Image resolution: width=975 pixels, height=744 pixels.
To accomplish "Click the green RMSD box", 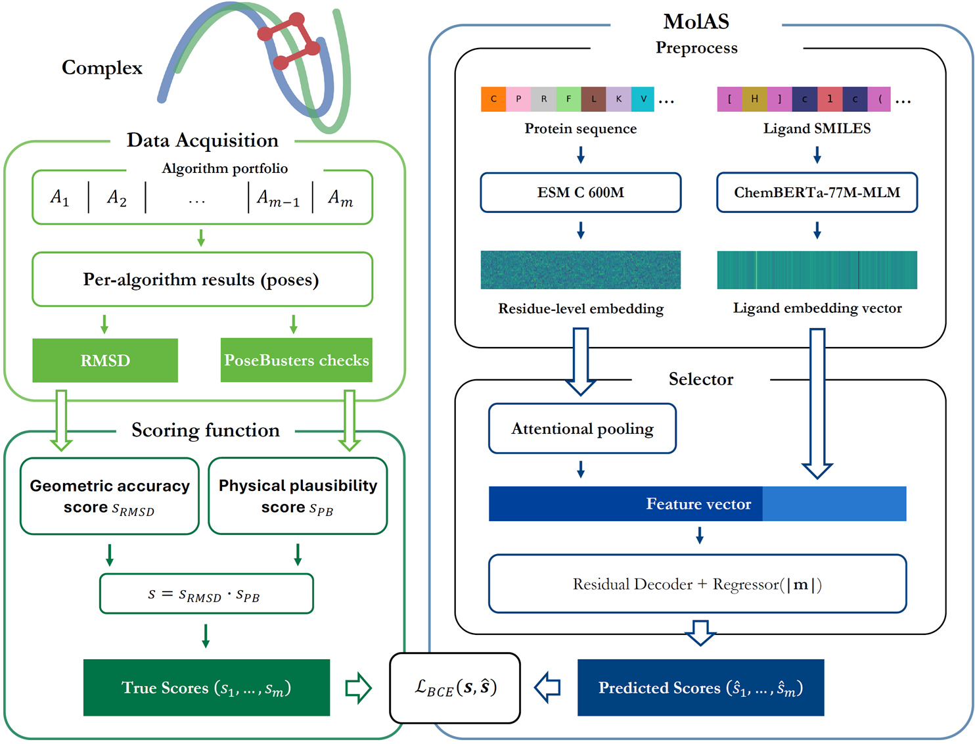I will click(105, 360).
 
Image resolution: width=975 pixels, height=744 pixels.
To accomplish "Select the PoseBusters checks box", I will click(296, 360).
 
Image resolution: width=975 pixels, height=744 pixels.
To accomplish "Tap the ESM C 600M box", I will click(580, 193).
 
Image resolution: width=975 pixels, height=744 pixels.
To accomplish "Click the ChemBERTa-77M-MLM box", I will click(817, 193).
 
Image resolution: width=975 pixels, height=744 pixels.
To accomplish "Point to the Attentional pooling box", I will click(582, 429).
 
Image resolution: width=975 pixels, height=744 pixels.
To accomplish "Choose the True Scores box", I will click(206, 687).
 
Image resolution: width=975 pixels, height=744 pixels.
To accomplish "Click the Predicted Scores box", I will click(700, 687).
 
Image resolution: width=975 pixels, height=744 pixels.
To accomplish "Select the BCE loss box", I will click(455, 687).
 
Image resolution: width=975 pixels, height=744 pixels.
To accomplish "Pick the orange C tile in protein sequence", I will click(493, 99).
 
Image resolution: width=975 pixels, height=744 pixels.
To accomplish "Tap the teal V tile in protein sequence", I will click(643, 99).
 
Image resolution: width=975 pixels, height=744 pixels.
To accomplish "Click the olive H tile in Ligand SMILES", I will click(754, 99).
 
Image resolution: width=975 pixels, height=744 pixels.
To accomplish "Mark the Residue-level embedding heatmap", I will click(580, 270).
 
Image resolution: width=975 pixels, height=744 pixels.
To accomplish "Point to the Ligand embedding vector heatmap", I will click(817, 270).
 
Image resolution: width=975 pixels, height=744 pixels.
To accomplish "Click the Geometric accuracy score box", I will click(110, 496).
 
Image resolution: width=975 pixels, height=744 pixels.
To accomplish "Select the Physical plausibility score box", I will click(298, 496).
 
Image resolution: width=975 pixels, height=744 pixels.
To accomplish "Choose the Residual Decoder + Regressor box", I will click(697, 584).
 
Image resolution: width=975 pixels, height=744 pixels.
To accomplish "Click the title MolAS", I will click(696, 22).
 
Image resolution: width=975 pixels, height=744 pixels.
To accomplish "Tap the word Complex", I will click(102, 68).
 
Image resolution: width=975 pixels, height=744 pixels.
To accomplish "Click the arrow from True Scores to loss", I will click(358, 687).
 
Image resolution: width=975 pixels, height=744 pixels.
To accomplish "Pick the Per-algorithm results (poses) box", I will click(202, 279).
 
